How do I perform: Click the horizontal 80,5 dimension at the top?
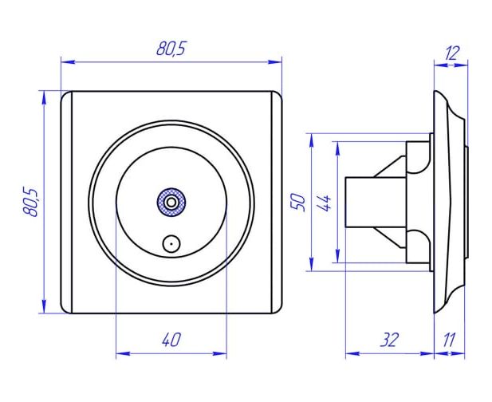coord(171,49)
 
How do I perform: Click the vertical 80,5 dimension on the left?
coord(31,202)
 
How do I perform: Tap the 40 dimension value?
coord(171,340)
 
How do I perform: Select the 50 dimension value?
coord(298,203)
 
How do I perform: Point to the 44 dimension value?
coord(325,203)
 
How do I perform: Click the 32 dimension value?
coord(389,340)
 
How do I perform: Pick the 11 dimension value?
coord(449,340)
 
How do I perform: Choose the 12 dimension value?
coord(452,53)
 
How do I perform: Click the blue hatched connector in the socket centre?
coord(171,203)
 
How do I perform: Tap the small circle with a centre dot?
coord(171,243)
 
